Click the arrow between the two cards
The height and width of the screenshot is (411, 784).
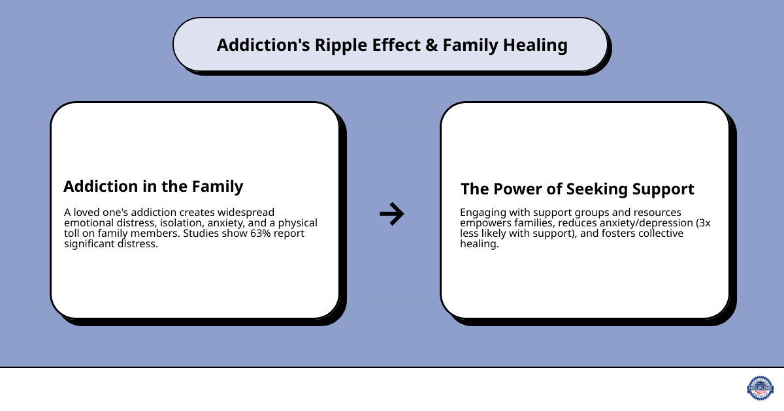point(392,213)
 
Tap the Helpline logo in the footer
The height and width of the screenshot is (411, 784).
point(760,388)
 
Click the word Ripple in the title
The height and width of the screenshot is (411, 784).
point(341,45)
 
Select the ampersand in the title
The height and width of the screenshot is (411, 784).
point(431,45)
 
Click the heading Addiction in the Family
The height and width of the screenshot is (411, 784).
point(153,186)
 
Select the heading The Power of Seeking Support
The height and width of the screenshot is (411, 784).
point(577,189)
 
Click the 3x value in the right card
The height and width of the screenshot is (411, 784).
point(702,223)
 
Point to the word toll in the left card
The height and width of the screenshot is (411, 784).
point(73,234)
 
